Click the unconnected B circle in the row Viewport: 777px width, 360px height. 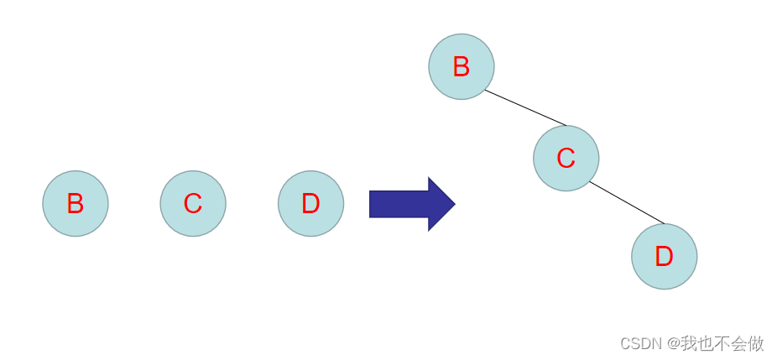click(76, 204)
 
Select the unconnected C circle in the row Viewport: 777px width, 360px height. click(193, 204)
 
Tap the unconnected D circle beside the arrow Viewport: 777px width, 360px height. click(310, 204)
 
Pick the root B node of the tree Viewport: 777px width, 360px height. click(462, 67)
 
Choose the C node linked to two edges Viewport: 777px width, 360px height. click(566, 158)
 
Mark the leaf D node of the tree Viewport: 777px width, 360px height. click(664, 257)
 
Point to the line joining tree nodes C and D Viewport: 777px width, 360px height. click(627, 203)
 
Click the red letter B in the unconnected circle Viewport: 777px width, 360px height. click(76, 204)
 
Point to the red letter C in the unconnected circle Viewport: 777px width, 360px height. click(193, 204)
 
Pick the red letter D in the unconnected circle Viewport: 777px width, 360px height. click(310, 204)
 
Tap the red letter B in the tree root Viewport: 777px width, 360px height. click(461, 67)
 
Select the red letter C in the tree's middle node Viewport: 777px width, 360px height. click(566, 158)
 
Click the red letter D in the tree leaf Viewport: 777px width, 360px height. click(664, 257)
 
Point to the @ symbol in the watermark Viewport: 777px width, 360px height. click(672, 343)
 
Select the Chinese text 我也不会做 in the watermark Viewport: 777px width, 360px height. click(722, 343)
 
